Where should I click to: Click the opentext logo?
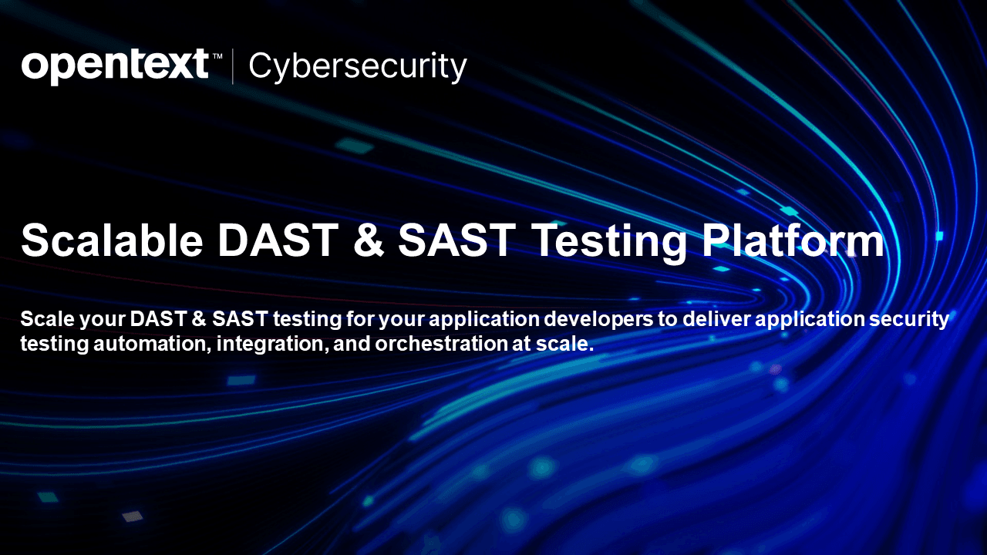[116, 66]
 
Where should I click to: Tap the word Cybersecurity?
[357, 67]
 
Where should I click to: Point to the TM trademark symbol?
[217, 56]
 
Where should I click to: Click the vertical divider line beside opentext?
[233, 67]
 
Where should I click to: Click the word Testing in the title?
[609, 243]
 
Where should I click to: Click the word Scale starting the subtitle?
[47, 319]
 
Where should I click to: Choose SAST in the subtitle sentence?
[240, 319]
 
